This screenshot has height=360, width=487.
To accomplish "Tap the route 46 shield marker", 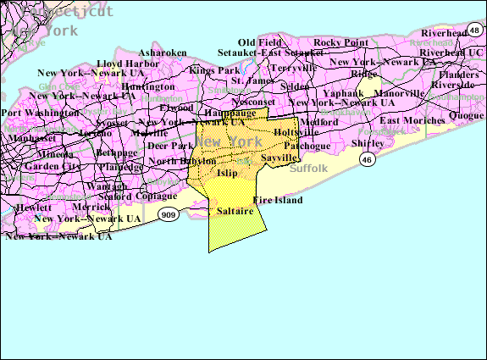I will tap(367, 159).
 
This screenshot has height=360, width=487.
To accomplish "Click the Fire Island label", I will tap(277, 201).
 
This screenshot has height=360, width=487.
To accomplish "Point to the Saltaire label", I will tap(235, 210).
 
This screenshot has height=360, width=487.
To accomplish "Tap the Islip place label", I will tap(227, 173).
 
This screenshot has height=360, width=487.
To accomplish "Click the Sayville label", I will tap(279, 158).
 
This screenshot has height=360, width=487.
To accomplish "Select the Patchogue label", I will tap(306, 146).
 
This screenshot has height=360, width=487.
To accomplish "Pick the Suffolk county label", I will tap(307, 169).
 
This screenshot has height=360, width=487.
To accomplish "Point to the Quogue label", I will tap(466, 114).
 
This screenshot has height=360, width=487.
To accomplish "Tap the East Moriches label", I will tap(412, 120).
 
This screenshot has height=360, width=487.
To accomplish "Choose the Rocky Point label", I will tap(340, 42).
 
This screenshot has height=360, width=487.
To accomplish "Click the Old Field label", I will tap(258, 42).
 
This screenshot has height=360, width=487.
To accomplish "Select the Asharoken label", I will tap(163, 53).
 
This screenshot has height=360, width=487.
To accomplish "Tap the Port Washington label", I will tap(36, 113).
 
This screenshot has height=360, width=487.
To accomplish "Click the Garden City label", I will tap(53, 166).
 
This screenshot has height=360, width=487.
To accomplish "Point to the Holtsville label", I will tap(296, 133).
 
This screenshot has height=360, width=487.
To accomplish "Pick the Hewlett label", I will tap(32, 207).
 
